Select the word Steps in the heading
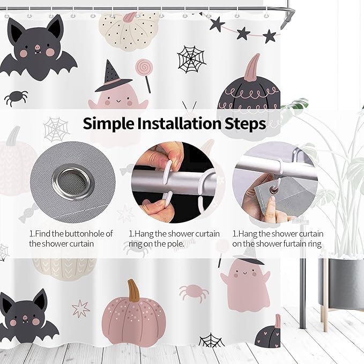click(245, 124)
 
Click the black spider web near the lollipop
click(191, 59)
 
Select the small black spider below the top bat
click(16, 98)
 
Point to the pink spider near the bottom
click(194, 293)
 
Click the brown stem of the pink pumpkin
click(134, 290)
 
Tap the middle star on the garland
click(243, 33)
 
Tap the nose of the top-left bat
click(37, 47)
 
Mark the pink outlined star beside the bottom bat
click(80, 308)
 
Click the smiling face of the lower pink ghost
click(244, 274)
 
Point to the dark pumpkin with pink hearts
click(269, 333)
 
